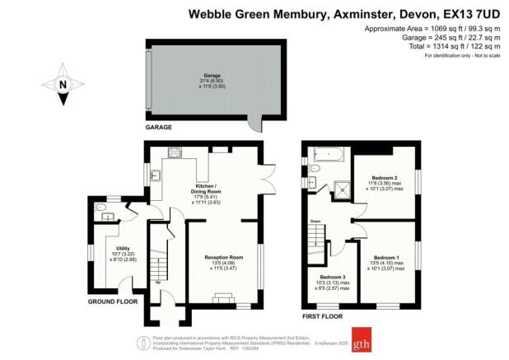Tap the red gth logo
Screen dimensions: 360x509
tap(362, 342)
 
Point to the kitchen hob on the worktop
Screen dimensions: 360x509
tap(175, 152)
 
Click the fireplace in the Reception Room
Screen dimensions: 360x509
tap(223, 300)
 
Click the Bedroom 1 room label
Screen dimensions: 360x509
tap(385, 258)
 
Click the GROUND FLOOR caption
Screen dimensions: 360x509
tap(113, 302)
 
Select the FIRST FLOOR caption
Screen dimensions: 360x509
tap(321, 316)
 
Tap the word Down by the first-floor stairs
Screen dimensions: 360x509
tap(315, 222)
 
